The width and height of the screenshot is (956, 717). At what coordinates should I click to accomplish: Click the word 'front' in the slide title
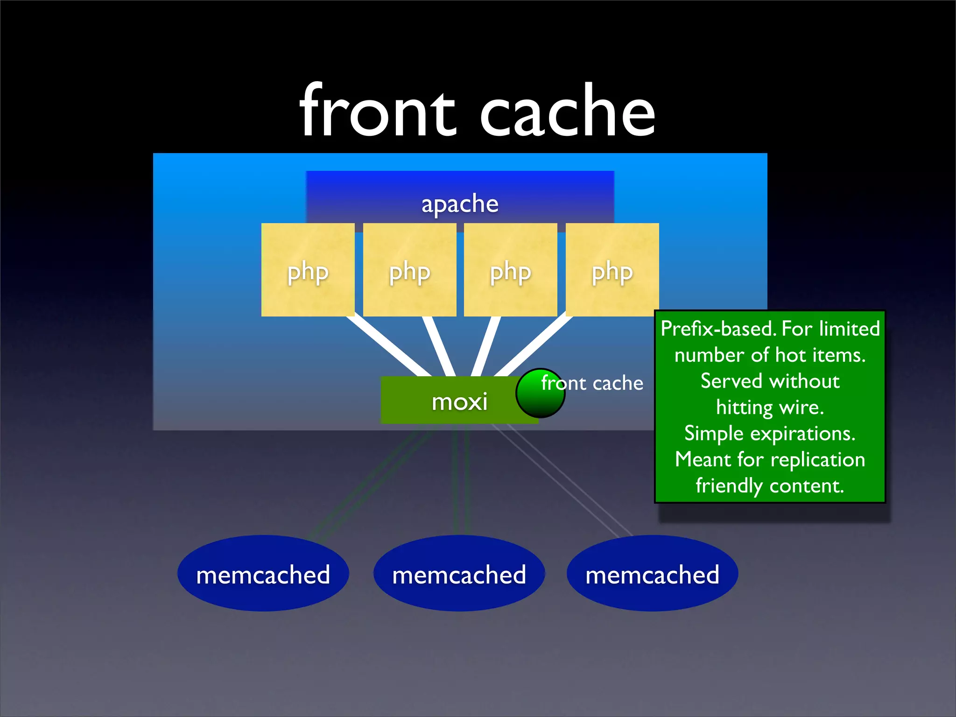(377, 112)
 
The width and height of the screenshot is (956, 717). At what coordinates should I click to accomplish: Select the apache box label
(460, 204)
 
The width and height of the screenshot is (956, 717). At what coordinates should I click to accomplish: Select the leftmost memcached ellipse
(263, 574)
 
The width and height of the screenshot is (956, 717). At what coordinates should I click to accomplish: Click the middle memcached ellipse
(459, 574)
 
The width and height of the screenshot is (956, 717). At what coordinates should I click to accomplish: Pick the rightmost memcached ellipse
(652, 574)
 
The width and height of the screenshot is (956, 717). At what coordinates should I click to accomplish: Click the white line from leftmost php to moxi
(387, 347)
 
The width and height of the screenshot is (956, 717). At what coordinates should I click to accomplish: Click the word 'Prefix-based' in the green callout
(718, 329)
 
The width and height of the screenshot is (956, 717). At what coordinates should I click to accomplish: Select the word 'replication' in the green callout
(817, 460)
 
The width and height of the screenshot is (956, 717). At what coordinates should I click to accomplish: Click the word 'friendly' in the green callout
(729, 486)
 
